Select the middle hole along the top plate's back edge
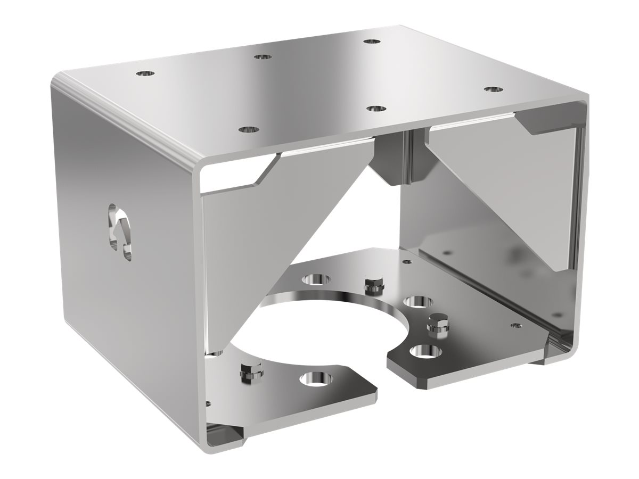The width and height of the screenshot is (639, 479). click(261, 56)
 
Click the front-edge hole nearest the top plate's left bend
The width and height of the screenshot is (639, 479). click(247, 129)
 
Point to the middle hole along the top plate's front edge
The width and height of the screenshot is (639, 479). click(376, 108)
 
